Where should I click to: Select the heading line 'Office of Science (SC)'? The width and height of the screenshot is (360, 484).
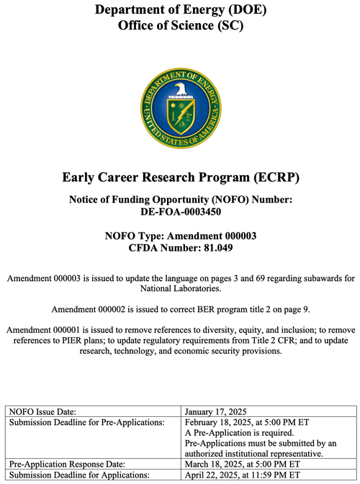pos(180,26)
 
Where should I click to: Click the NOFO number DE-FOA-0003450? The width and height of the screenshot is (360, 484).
pos(180,212)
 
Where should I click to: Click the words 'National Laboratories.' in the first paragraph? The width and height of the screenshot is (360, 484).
pos(180,289)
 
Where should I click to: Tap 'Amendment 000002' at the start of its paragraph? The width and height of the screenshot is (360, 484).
pos(87,310)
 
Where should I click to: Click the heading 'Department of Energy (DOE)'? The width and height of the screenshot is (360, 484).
pos(180,10)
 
